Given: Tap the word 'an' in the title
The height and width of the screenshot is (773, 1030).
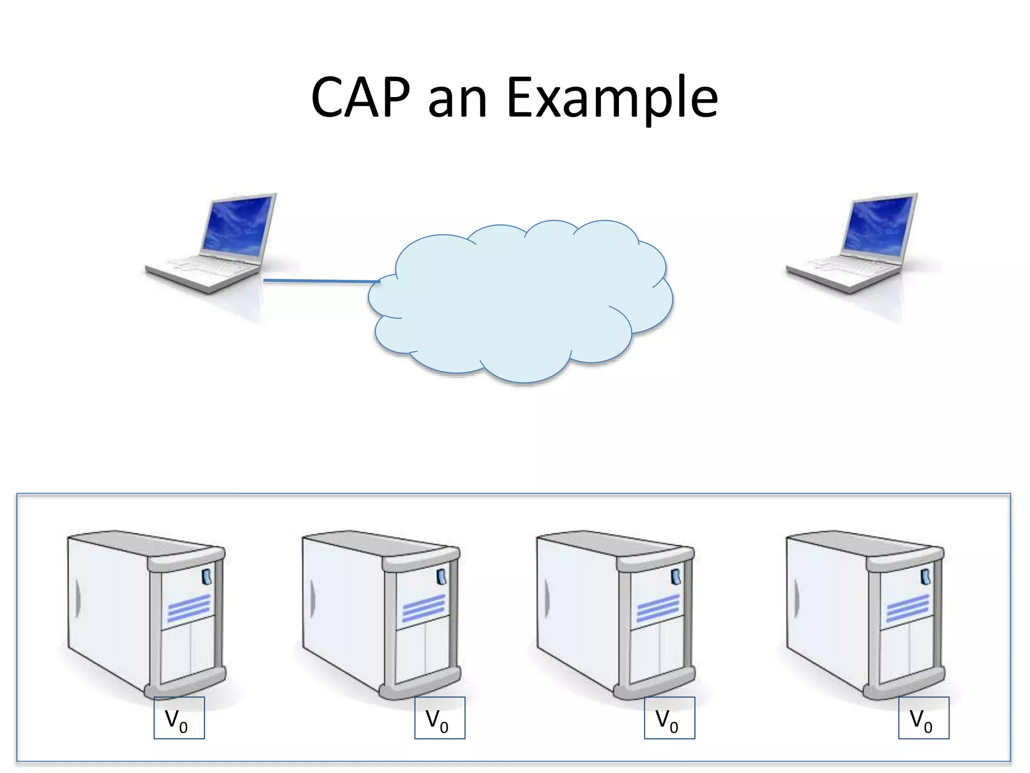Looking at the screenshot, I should (x=457, y=101).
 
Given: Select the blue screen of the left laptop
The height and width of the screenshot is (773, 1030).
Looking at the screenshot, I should (x=237, y=225).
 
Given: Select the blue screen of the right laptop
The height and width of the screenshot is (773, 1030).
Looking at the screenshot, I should (x=878, y=225).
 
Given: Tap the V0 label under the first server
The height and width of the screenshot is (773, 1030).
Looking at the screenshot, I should (x=179, y=718).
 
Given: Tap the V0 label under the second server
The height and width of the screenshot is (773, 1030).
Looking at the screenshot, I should (x=440, y=718).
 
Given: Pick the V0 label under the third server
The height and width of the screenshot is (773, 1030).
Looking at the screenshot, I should (x=669, y=718).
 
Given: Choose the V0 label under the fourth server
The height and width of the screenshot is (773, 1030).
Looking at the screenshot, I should (x=923, y=718).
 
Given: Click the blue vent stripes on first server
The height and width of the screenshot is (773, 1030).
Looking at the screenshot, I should (x=189, y=607).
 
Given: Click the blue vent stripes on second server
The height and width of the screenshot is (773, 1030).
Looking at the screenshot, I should (x=423, y=607).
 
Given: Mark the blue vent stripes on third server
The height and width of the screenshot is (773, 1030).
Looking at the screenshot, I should (x=658, y=607).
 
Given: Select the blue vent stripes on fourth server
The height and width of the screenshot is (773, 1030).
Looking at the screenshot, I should (x=907, y=607).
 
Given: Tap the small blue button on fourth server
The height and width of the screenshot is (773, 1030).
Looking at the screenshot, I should (x=925, y=577).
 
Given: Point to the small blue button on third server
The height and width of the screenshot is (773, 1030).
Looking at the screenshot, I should (x=676, y=577).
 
